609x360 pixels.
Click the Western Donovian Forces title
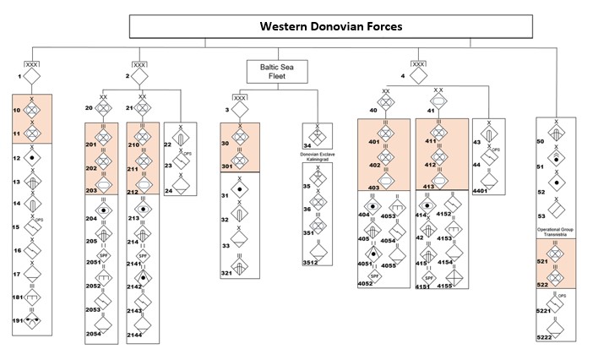tap(331, 26)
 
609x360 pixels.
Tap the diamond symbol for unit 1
tap(31, 78)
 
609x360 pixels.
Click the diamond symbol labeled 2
tap(141, 78)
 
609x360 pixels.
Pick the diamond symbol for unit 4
tap(416, 78)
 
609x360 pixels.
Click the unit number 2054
tap(95, 335)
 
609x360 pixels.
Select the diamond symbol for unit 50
tap(560, 136)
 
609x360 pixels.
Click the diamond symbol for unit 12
tap(31, 158)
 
